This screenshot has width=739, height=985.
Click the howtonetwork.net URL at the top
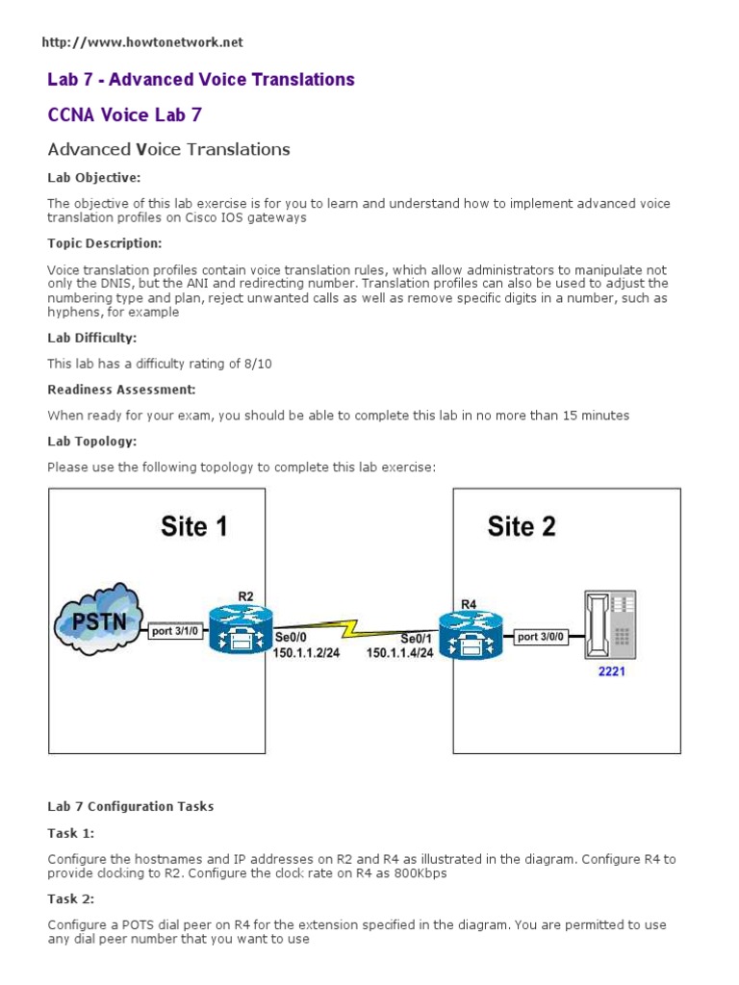143,42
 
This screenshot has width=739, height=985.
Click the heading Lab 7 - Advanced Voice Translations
201,80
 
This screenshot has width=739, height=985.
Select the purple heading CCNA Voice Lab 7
125,115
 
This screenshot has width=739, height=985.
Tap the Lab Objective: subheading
94,178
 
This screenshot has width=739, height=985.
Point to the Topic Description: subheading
105,243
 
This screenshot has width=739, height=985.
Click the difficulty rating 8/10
245,364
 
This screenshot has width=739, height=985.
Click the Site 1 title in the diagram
193,527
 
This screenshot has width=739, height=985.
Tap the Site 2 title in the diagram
522,527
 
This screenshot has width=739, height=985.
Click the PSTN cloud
99,618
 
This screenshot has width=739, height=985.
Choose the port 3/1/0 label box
175,632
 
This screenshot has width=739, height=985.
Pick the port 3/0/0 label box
541,637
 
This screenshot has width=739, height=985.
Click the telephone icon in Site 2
610,624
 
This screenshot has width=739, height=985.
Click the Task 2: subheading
68,898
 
